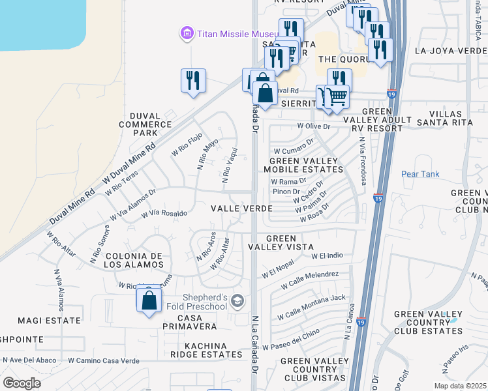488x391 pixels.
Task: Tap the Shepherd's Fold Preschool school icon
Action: coord(237,300)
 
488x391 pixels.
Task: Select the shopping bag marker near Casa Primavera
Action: coord(149,300)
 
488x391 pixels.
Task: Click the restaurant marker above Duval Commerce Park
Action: coord(193,81)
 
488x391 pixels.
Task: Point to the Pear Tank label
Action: coord(420,174)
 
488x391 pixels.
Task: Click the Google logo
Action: coord(22,383)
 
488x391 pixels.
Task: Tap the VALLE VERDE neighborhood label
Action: coord(241,208)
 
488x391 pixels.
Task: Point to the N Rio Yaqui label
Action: coord(228,166)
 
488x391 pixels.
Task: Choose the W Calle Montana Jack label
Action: coord(311,298)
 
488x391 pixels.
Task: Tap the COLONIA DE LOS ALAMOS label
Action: coord(134,260)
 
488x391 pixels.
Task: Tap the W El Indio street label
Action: coord(327,255)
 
